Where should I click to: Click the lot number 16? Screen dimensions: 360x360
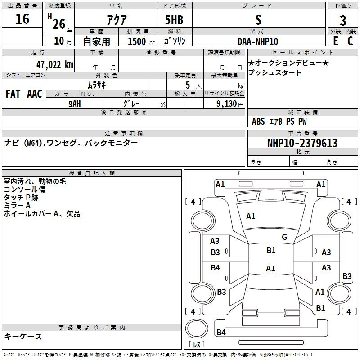pyautogui.click(x=22, y=19)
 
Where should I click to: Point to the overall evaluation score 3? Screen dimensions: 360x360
pyautogui.click(x=343, y=21)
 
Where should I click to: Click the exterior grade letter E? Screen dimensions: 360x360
pyautogui.click(x=335, y=41)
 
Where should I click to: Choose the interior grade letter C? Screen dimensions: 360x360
pyautogui.click(x=350, y=41)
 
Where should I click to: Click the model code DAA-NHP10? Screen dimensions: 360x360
pyautogui.click(x=258, y=41)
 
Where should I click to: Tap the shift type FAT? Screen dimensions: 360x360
pyautogui.click(x=13, y=94)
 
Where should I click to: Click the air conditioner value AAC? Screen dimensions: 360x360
pyautogui.click(x=34, y=94)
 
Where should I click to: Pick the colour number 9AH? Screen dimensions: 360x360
pyautogui.click(x=75, y=103)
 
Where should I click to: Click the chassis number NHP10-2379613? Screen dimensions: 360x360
pyautogui.click(x=302, y=143)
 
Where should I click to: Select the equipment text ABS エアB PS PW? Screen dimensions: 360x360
pyautogui.click(x=279, y=121)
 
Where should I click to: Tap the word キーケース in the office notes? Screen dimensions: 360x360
pyautogui.click(x=23, y=336)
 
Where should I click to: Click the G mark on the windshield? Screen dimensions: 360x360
pyautogui.click(x=284, y=237)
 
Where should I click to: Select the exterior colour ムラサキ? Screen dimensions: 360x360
pyautogui.click(x=97, y=85)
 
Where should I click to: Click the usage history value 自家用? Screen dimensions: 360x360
pyautogui.click(x=97, y=41)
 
